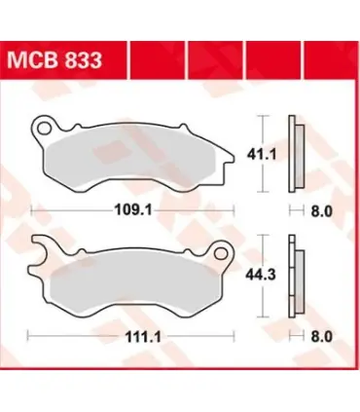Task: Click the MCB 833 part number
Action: (x=54, y=59)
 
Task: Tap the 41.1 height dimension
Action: (x=262, y=155)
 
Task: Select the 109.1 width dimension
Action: (x=133, y=210)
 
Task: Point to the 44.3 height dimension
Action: (x=261, y=275)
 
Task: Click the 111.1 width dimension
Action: (x=143, y=337)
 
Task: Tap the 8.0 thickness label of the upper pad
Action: (x=322, y=211)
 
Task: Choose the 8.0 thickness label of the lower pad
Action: (x=322, y=337)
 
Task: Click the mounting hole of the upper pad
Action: (x=44, y=129)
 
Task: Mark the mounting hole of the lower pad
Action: (x=221, y=252)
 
